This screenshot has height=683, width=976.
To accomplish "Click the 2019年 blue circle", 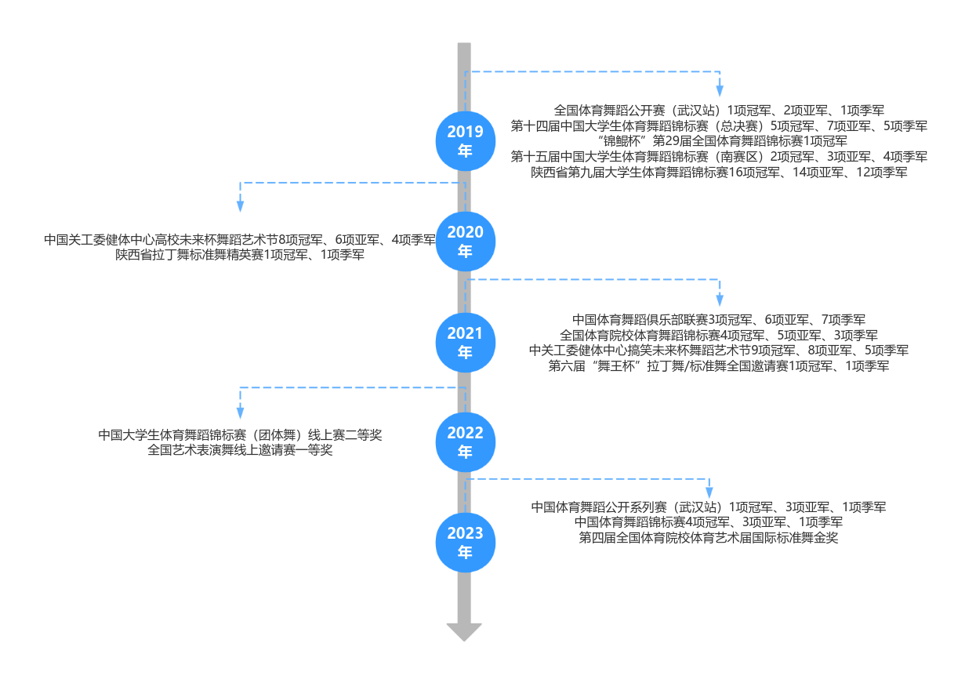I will click(465, 141).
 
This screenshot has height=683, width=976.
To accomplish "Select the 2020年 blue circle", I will click(465, 242).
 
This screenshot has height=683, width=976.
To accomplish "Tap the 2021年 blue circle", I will click(465, 343).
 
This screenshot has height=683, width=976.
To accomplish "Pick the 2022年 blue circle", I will click(465, 442).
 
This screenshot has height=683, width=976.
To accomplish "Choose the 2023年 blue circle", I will click(465, 543).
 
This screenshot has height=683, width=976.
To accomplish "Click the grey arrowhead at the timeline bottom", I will click(464, 631).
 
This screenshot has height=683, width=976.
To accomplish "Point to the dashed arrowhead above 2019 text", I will click(719, 91).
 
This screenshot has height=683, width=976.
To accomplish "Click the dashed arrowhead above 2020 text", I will click(240, 206).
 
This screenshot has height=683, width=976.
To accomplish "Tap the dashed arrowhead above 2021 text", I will click(719, 300).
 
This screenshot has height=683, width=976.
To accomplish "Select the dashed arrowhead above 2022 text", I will click(240, 413).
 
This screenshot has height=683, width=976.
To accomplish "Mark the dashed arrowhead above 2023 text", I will click(709, 493).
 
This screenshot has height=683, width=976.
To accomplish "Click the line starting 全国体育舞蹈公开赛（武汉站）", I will click(719, 111).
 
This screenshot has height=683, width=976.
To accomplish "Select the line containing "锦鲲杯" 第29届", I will click(719, 141).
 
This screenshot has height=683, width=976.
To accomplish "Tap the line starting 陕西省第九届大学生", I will click(719, 172).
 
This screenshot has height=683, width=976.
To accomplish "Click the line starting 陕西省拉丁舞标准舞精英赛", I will click(240, 254).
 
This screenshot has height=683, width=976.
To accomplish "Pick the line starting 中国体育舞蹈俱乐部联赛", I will click(719, 319).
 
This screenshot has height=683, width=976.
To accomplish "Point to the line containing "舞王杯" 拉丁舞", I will click(719, 365).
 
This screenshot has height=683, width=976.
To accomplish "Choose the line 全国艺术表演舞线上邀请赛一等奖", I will click(240, 450).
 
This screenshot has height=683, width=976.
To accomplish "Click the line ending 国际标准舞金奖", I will click(709, 538).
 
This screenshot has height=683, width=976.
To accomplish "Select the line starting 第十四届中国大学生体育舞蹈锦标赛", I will click(719, 125).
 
